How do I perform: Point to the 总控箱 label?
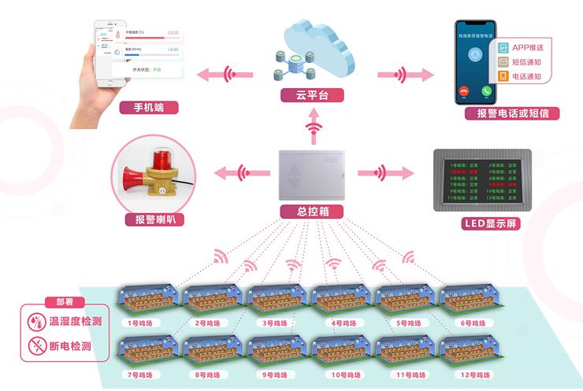pos(313,212)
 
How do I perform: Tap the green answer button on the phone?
pos(487,90)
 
